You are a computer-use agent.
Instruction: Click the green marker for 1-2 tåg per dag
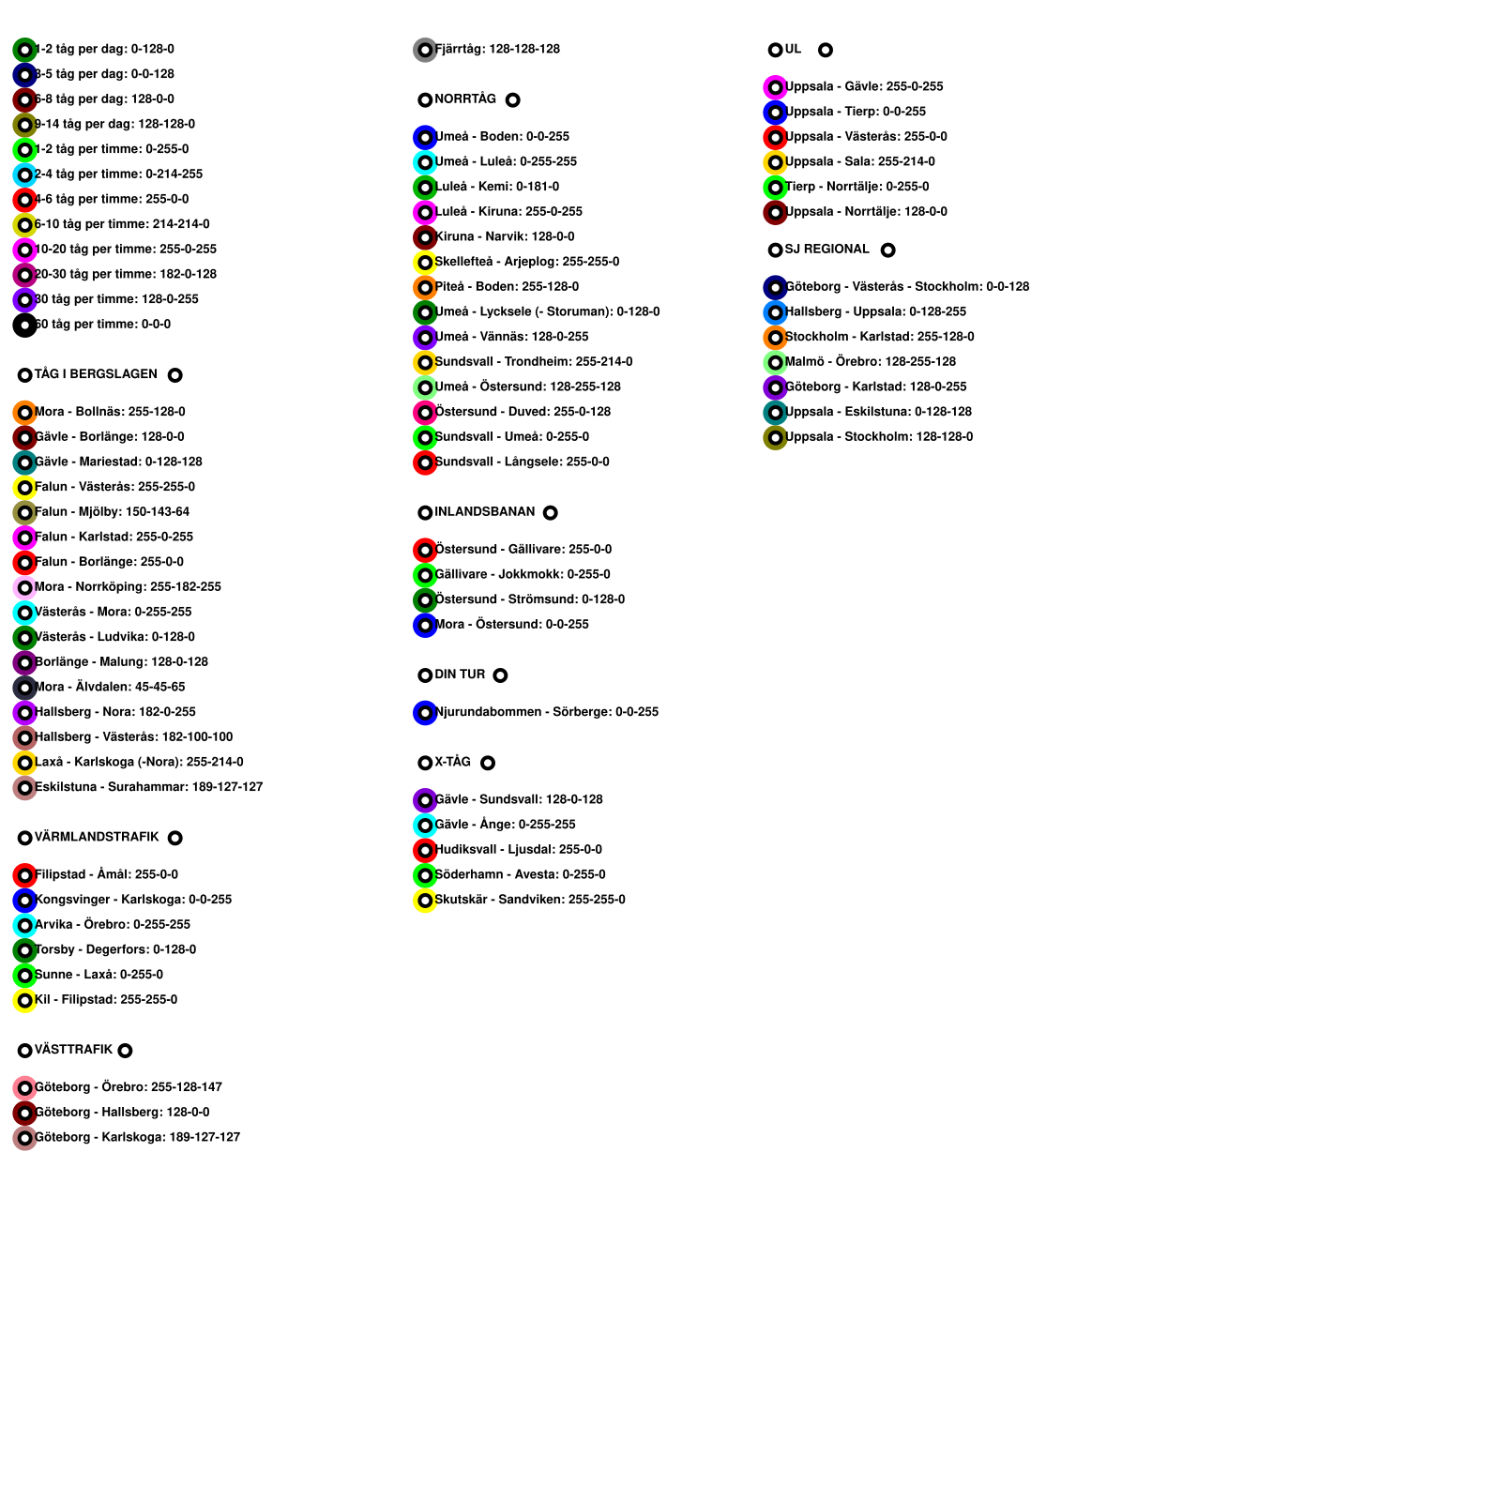pyautogui.click(x=25, y=50)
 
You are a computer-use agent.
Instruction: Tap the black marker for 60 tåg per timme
pyautogui.click(x=25, y=326)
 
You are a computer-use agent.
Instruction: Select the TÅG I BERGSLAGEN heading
pyautogui.click(x=96, y=374)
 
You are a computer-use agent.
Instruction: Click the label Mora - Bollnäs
pyautogui.click(x=110, y=412)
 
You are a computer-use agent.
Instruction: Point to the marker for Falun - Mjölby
pyautogui.click(x=25, y=512)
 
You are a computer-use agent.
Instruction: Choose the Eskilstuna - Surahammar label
pyautogui.click(x=148, y=787)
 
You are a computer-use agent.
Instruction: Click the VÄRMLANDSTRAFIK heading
pyautogui.click(x=97, y=837)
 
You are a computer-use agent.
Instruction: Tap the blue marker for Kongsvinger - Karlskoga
pyautogui.click(x=25, y=901)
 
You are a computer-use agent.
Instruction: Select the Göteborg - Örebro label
pyautogui.click(x=129, y=1087)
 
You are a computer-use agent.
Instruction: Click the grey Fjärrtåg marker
pyautogui.click(x=425, y=50)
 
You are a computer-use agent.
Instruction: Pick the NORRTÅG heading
pyautogui.click(x=465, y=99)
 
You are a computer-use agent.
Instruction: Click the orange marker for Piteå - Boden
pyautogui.click(x=425, y=287)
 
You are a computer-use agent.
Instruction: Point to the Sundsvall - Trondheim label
pyautogui.click(x=534, y=362)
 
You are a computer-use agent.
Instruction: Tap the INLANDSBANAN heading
pyautogui.click(x=484, y=512)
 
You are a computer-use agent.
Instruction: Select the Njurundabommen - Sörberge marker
pyautogui.click(x=425, y=713)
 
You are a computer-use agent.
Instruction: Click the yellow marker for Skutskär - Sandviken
pyautogui.click(x=425, y=901)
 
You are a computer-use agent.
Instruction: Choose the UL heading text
pyautogui.click(x=794, y=50)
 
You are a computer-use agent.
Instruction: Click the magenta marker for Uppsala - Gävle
pyautogui.click(x=775, y=87)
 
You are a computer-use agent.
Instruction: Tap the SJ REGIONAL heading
pyautogui.click(x=826, y=250)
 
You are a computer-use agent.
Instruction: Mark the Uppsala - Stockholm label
pyautogui.click(x=879, y=437)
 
